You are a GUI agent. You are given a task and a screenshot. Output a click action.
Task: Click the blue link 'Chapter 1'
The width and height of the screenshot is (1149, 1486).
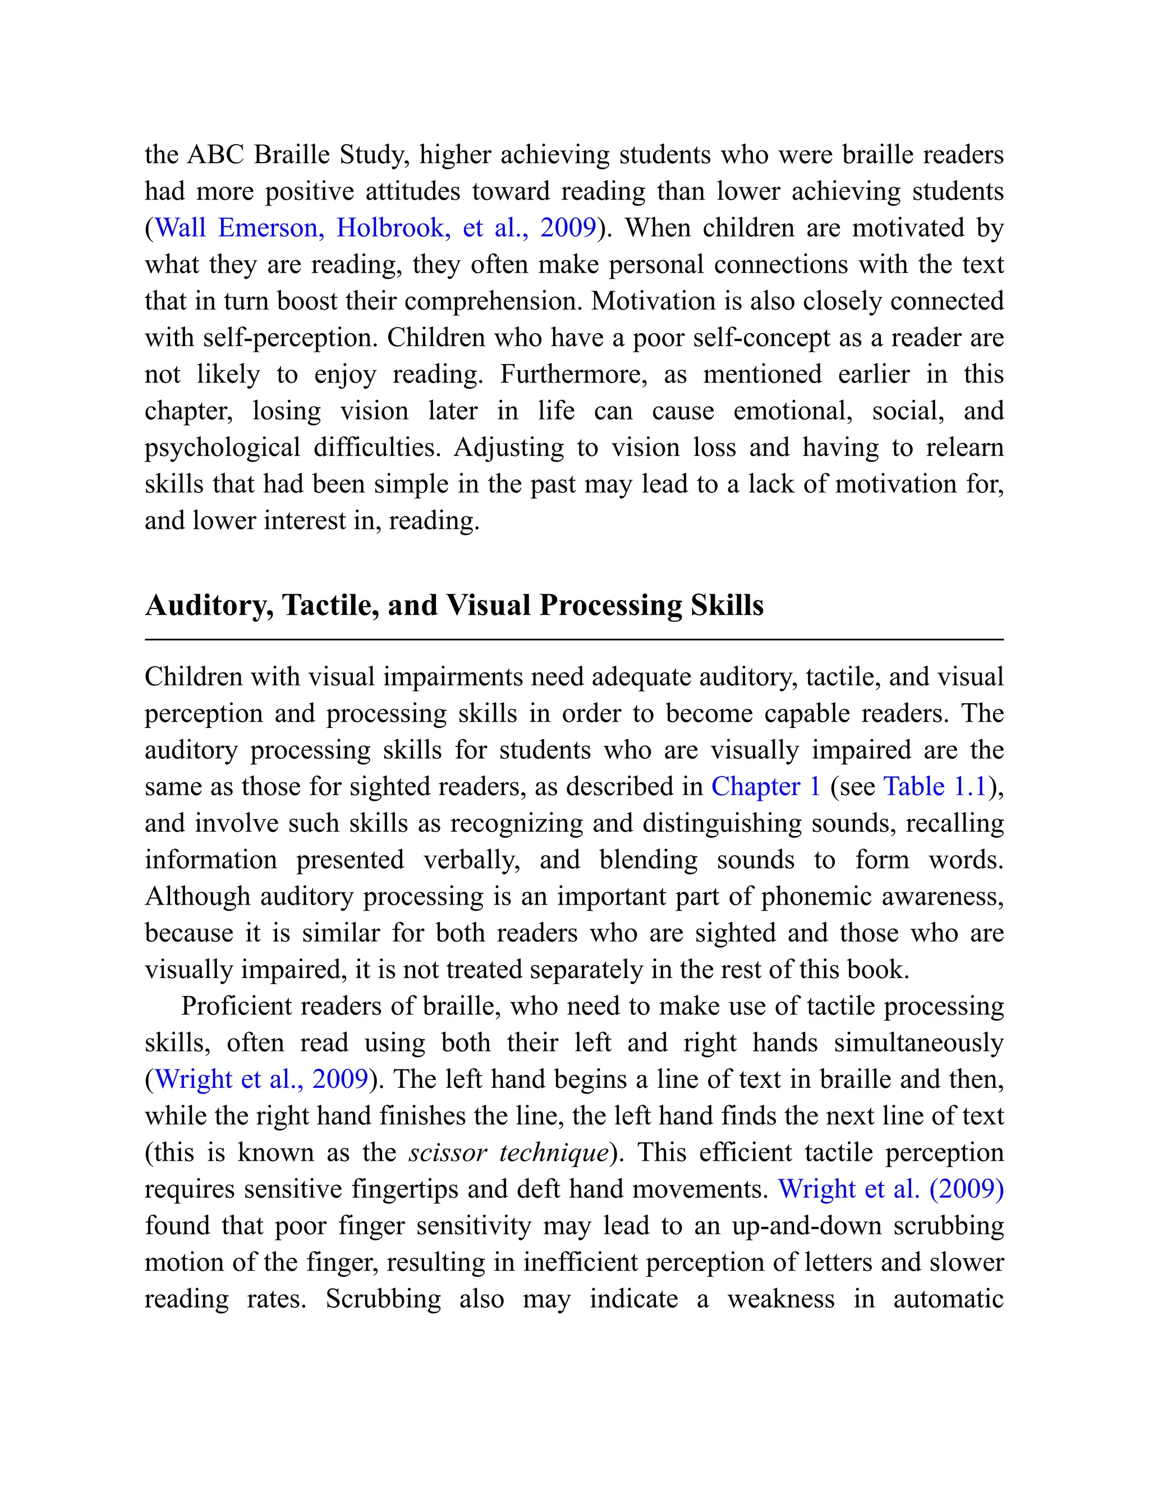click(x=765, y=787)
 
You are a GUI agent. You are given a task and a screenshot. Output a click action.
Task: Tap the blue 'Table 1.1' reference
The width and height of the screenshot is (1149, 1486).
click(x=935, y=787)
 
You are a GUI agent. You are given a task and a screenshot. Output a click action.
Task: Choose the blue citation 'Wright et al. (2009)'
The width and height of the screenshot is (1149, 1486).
click(x=891, y=1189)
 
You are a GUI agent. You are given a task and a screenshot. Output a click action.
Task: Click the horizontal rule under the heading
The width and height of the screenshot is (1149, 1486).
click(x=574, y=640)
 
